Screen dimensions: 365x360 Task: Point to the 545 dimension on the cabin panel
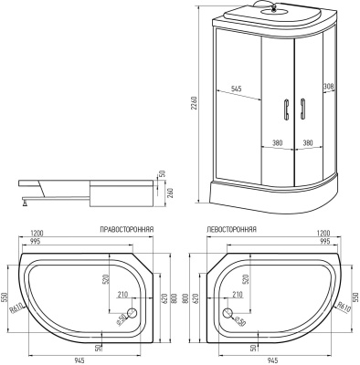[x=235, y=89]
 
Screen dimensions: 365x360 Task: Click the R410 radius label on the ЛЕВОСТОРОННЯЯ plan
[x=343, y=309]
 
